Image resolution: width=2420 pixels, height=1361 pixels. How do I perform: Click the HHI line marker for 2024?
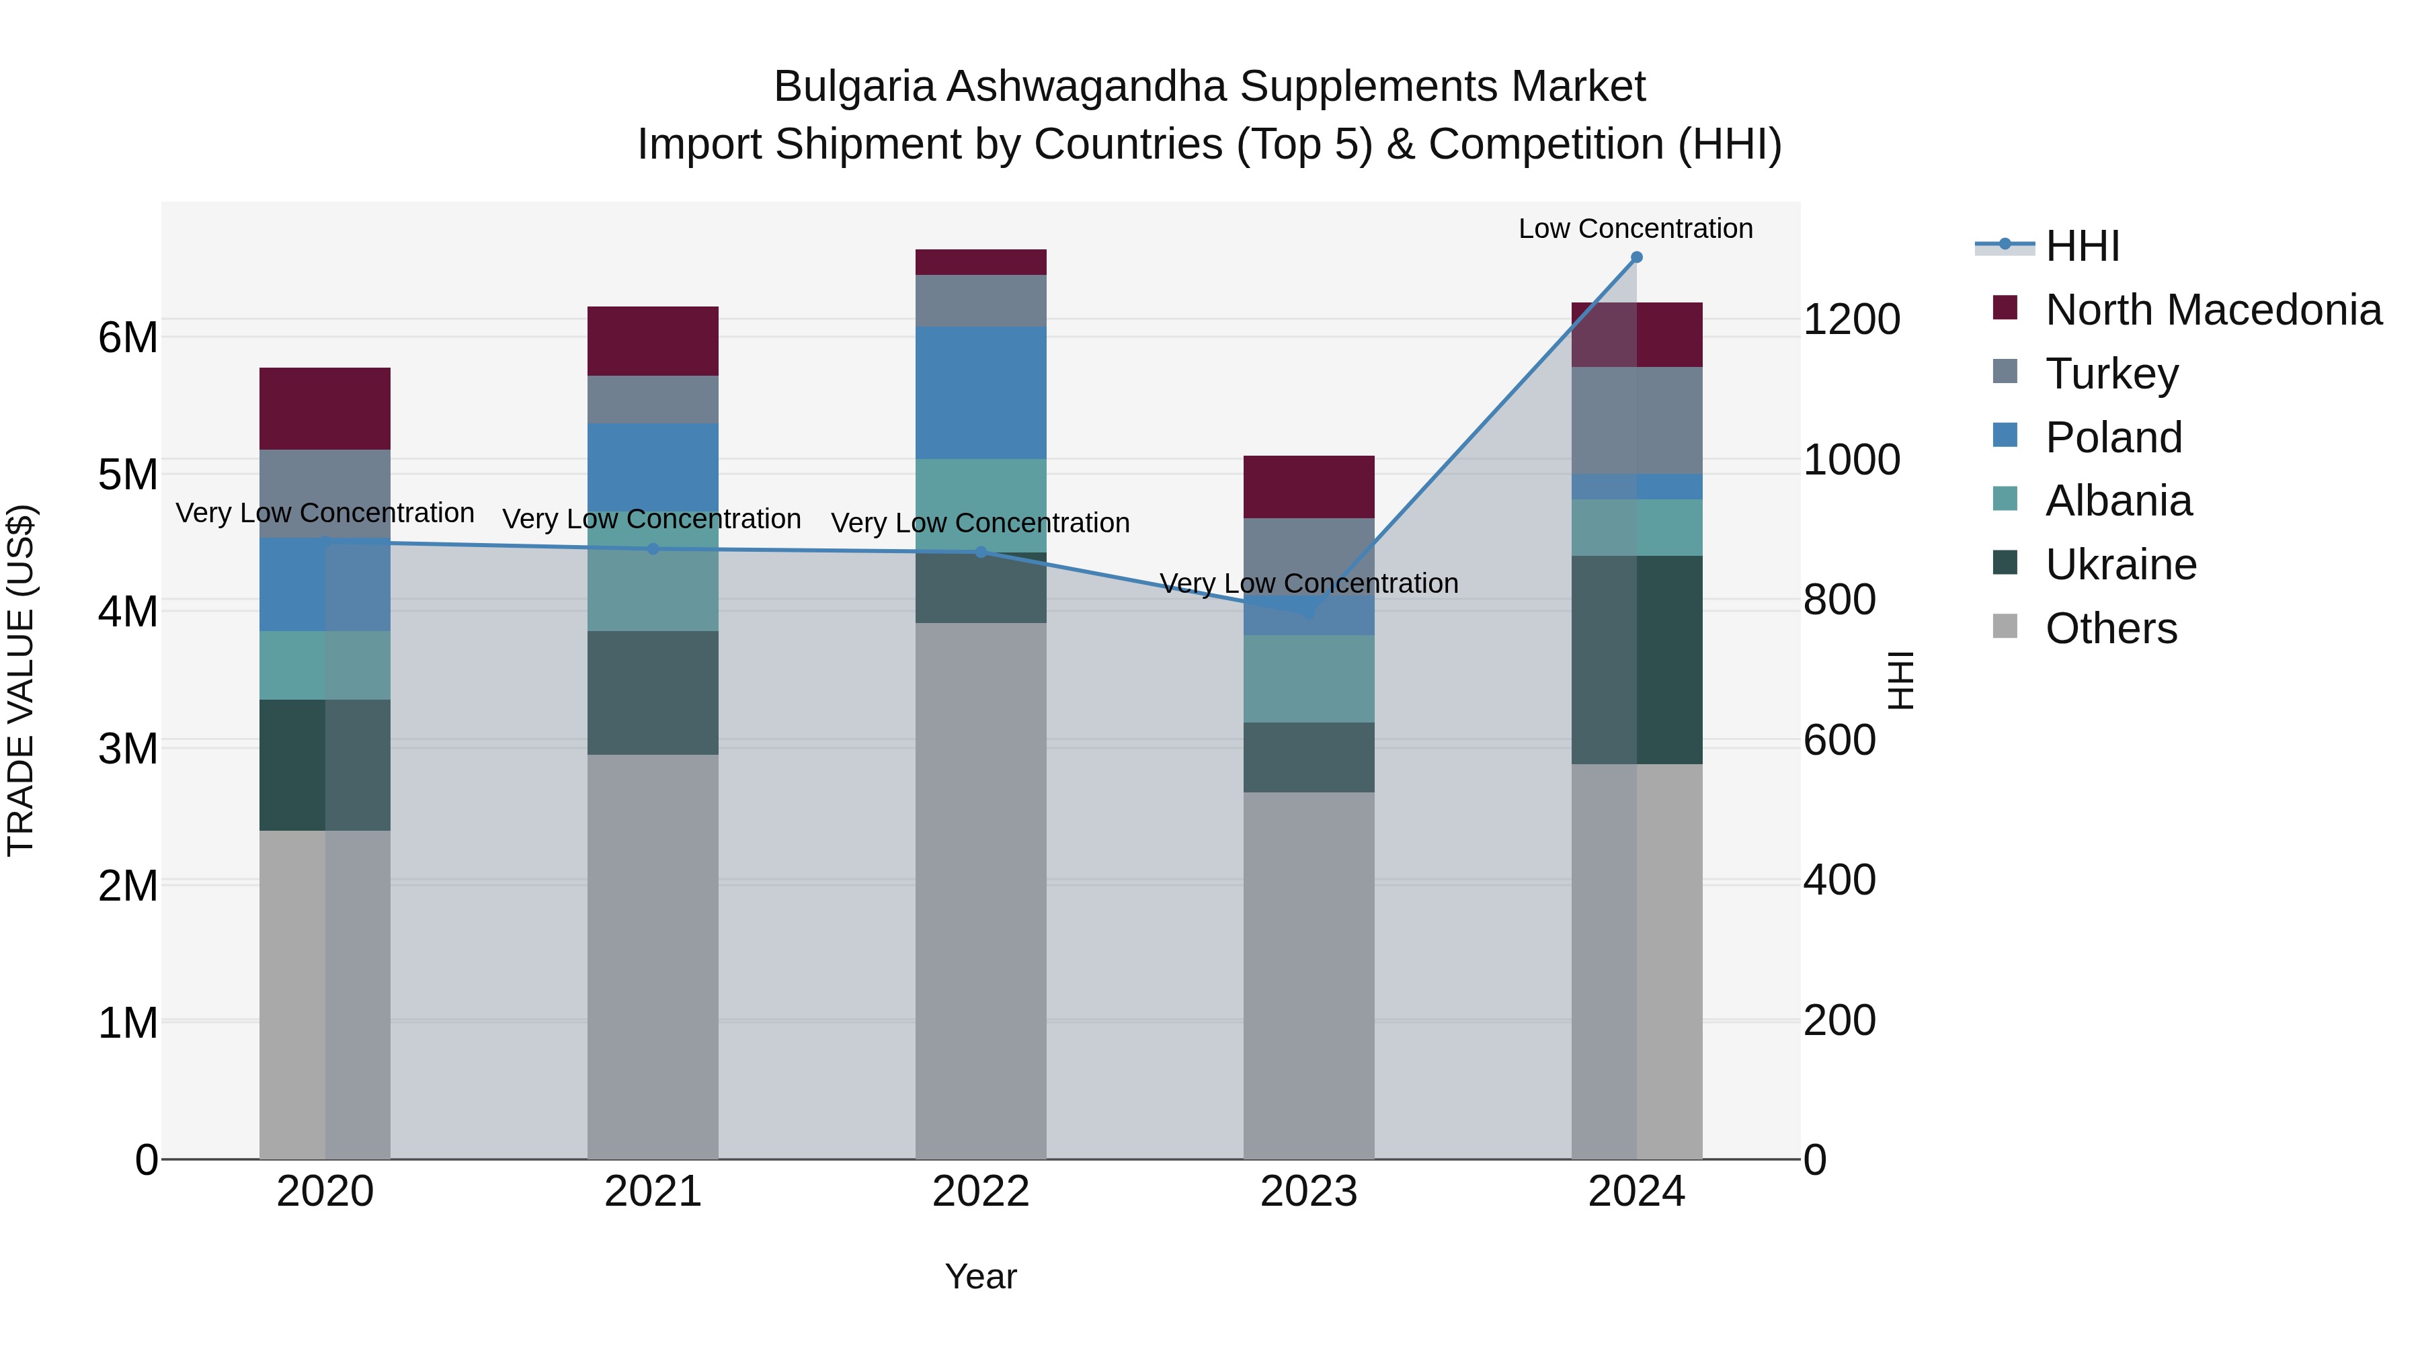click(1636, 257)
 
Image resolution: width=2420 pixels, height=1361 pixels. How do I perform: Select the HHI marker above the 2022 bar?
click(981, 552)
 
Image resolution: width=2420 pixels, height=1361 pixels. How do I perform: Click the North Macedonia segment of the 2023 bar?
click(1309, 487)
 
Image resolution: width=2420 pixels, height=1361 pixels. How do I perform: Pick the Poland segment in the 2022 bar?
click(981, 393)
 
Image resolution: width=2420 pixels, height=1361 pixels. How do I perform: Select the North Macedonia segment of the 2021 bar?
click(653, 341)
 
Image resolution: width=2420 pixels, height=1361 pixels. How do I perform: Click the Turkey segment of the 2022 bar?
click(981, 300)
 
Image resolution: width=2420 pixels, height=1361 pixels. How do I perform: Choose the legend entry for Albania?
click(2118, 501)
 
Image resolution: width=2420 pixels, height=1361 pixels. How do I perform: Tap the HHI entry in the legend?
click(2082, 246)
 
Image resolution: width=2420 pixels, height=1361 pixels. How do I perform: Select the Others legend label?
click(2111, 628)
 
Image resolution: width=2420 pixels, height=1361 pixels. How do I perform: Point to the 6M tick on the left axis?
click(128, 337)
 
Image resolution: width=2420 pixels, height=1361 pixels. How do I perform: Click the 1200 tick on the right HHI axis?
click(1851, 321)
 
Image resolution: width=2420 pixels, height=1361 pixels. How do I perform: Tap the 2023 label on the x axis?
click(1309, 1192)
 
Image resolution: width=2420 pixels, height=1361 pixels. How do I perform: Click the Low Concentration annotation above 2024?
click(1636, 229)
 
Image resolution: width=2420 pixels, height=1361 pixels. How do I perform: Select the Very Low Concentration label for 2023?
click(1309, 583)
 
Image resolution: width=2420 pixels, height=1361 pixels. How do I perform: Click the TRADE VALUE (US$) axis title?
click(21, 680)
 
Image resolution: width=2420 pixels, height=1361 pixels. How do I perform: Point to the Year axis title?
click(981, 1276)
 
